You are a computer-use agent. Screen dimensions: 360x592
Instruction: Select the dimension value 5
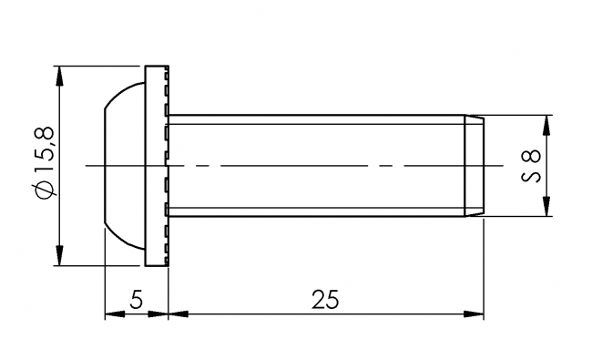[136, 298]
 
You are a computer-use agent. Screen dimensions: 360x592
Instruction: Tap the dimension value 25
[325, 298]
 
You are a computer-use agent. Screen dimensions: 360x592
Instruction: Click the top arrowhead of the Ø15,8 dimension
[59, 73]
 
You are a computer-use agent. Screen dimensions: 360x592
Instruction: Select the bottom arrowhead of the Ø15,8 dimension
[59, 258]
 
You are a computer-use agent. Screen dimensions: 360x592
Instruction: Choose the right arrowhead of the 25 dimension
[475, 315]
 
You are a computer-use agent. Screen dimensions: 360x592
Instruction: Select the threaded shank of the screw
[319, 146]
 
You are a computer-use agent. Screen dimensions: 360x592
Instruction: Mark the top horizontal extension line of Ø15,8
[100, 66]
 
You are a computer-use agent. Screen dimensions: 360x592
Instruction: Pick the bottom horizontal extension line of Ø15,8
[100, 266]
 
